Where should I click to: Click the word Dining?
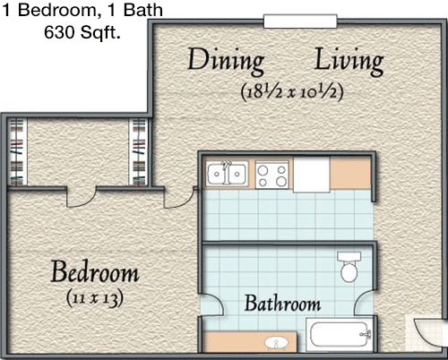(x=226, y=62)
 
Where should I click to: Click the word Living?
(x=349, y=62)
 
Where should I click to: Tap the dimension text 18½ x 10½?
(x=292, y=91)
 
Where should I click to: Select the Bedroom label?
(x=95, y=271)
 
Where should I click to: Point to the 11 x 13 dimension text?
(x=94, y=298)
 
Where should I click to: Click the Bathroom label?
(x=282, y=304)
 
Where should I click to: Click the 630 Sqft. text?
(x=82, y=32)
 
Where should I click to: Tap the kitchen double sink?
(x=228, y=174)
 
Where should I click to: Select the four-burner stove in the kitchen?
(x=272, y=175)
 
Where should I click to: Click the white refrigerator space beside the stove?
(x=312, y=175)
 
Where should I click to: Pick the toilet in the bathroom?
(x=349, y=267)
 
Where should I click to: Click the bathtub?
(x=340, y=334)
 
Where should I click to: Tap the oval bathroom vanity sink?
(x=277, y=344)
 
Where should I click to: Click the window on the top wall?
(x=300, y=21)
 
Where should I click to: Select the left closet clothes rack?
(x=17, y=152)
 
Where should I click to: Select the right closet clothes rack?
(x=139, y=152)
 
